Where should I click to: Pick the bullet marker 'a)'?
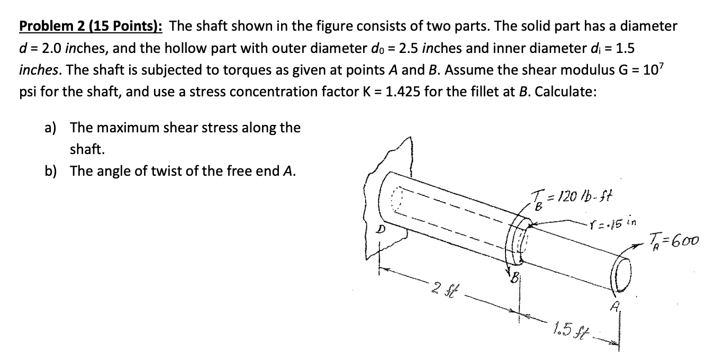tap(52, 128)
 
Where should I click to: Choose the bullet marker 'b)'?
tap(52, 171)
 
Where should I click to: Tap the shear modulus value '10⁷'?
tap(665, 69)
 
